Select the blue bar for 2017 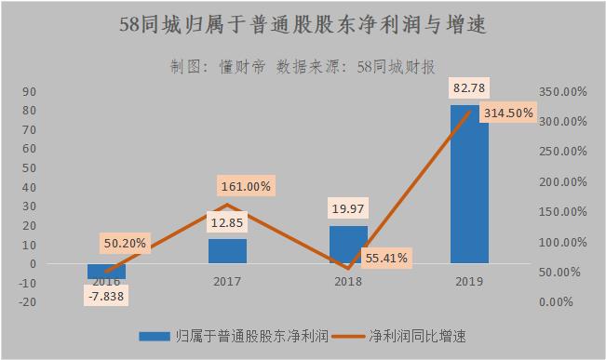tap(227, 251)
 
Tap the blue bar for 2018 tap(348, 245)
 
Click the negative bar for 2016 tap(106, 271)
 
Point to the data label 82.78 tap(469, 88)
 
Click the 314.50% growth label tap(508, 112)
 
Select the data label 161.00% tap(245, 186)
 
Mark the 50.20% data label tap(124, 244)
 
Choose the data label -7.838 tap(106, 297)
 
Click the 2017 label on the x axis tap(227, 279)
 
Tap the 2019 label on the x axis tap(469, 279)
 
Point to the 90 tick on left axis tap(29, 91)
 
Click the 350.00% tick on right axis tap(561, 91)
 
